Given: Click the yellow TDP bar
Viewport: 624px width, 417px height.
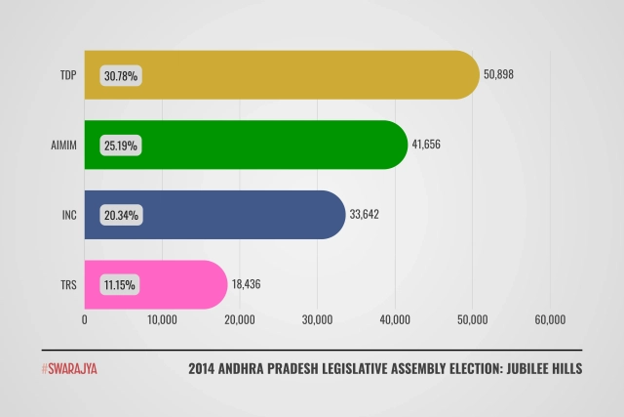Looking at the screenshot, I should point(292,74).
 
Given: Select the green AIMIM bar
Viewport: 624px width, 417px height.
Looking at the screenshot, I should point(253,145).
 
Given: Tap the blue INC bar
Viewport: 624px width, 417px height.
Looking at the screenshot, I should point(224,215).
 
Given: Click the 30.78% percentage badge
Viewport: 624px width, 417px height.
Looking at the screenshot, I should point(122,74).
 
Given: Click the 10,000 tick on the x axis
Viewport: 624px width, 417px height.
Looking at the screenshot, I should point(162,320).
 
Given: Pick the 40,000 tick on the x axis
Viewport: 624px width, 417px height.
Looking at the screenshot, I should point(395,320).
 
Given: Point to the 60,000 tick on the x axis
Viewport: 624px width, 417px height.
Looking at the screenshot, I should point(550,320).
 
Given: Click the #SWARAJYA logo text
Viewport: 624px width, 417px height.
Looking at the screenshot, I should point(69,369).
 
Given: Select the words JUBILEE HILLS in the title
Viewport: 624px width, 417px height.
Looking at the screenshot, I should point(536,369).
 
